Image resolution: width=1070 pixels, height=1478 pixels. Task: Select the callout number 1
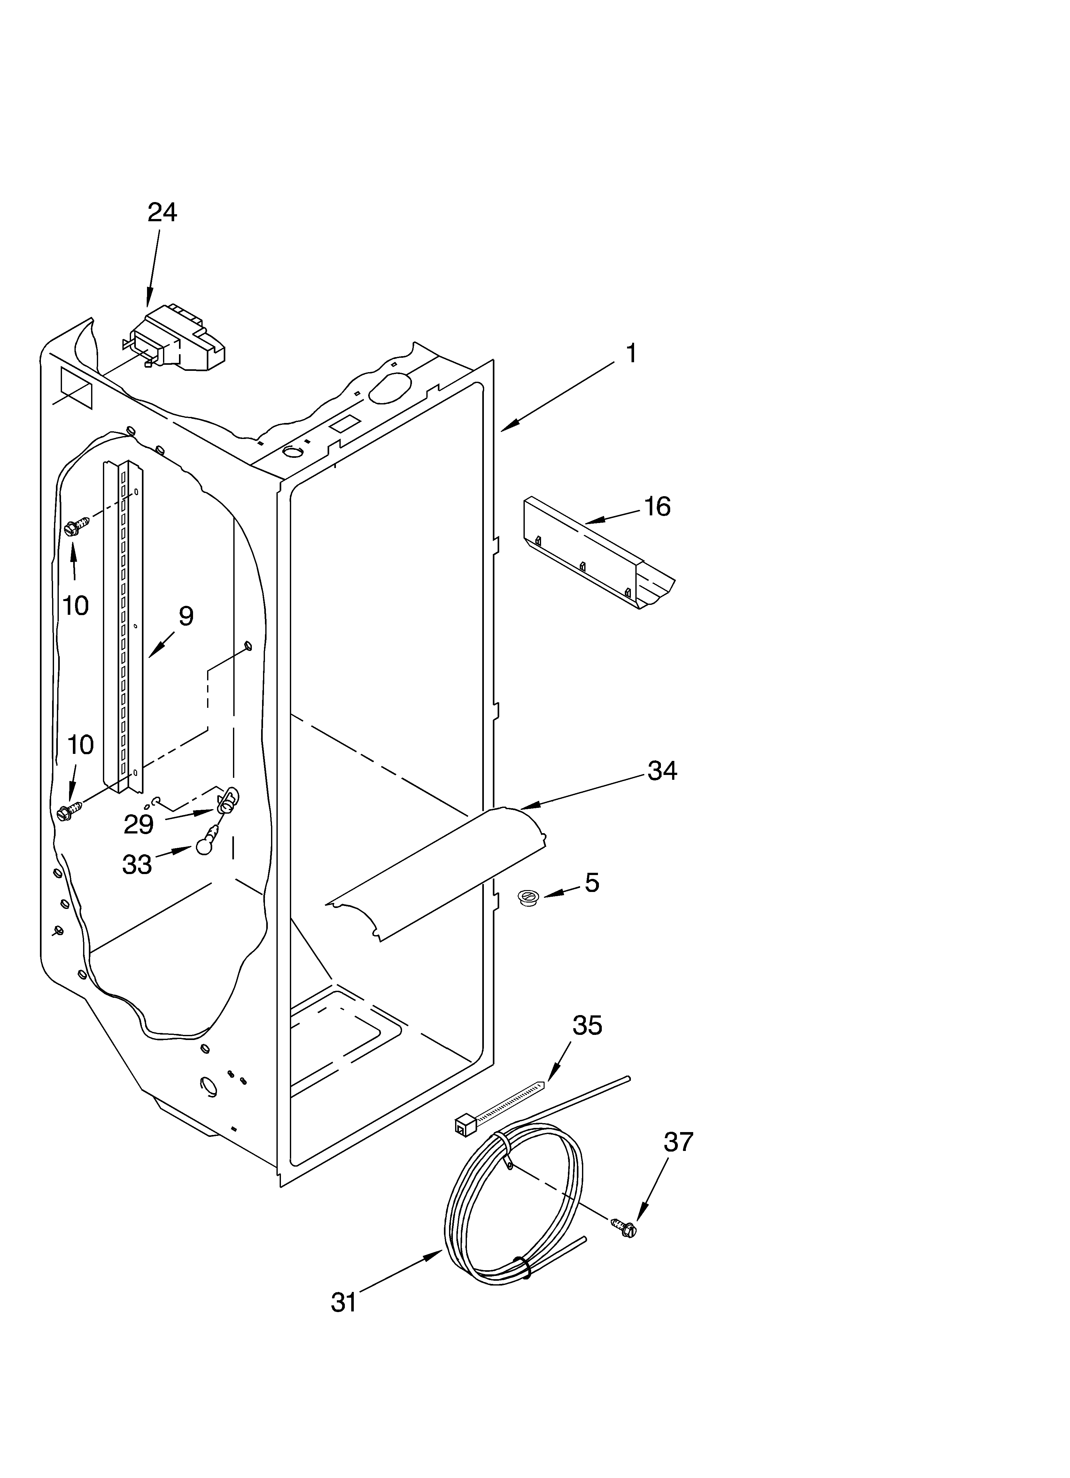[x=631, y=354]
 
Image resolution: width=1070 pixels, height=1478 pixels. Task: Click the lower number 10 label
[x=80, y=744]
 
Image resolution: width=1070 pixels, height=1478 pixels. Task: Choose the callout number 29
[x=139, y=825]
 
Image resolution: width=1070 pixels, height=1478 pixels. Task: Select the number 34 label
[x=662, y=771]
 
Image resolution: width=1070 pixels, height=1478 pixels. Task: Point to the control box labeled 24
[x=179, y=342]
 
